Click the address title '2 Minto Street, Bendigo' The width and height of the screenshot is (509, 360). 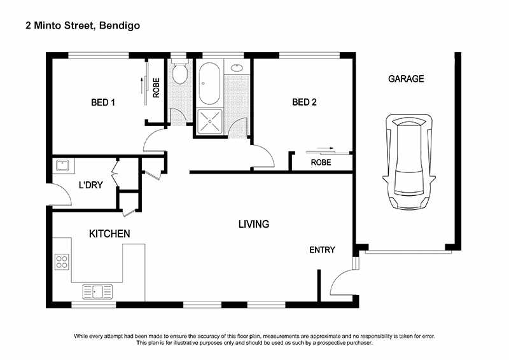[x=83, y=25]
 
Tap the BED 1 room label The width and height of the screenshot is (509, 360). [x=103, y=102]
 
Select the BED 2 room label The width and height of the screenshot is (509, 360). [x=304, y=102]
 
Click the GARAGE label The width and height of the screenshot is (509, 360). [x=406, y=79]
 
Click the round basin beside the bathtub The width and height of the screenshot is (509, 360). [x=237, y=67]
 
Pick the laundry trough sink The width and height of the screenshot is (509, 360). [x=63, y=166]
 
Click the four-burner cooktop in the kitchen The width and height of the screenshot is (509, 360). [x=62, y=261]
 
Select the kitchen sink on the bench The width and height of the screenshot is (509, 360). [x=97, y=291]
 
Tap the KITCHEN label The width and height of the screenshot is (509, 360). [x=109, y=234]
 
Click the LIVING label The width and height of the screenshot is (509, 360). [x=254, y=224]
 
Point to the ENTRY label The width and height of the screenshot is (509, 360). [x=322, y=250]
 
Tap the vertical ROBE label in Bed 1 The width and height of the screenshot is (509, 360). [x=156, y=87]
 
